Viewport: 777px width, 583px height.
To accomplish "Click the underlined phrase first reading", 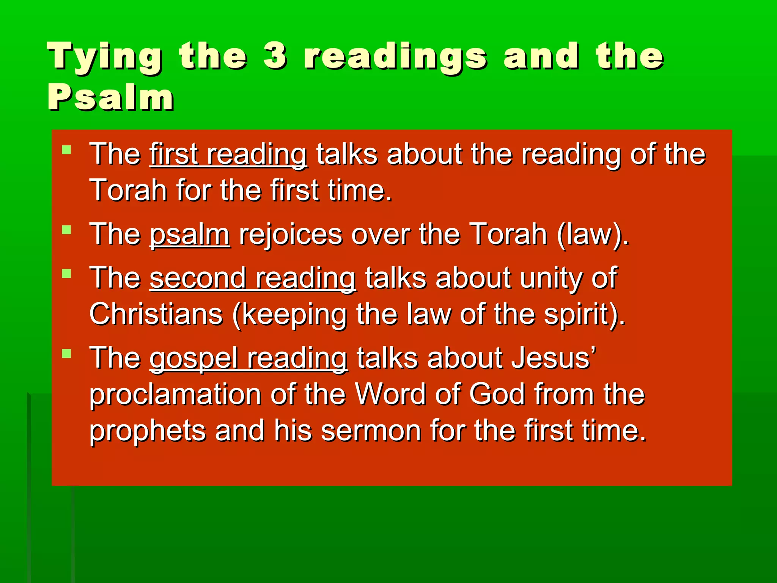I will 228,154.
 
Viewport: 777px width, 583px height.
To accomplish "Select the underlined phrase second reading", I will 253,278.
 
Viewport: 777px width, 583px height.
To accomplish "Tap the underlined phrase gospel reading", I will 248,358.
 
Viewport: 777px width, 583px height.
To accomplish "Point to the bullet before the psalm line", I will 66,230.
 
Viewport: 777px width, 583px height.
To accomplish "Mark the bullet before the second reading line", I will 66,274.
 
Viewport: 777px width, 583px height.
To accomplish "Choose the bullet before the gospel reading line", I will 66,354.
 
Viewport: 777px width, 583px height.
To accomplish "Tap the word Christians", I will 156,315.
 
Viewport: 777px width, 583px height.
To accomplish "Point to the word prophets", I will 148,432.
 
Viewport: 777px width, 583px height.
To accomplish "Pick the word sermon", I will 371,432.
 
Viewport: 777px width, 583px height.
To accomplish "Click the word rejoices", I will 290,235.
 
